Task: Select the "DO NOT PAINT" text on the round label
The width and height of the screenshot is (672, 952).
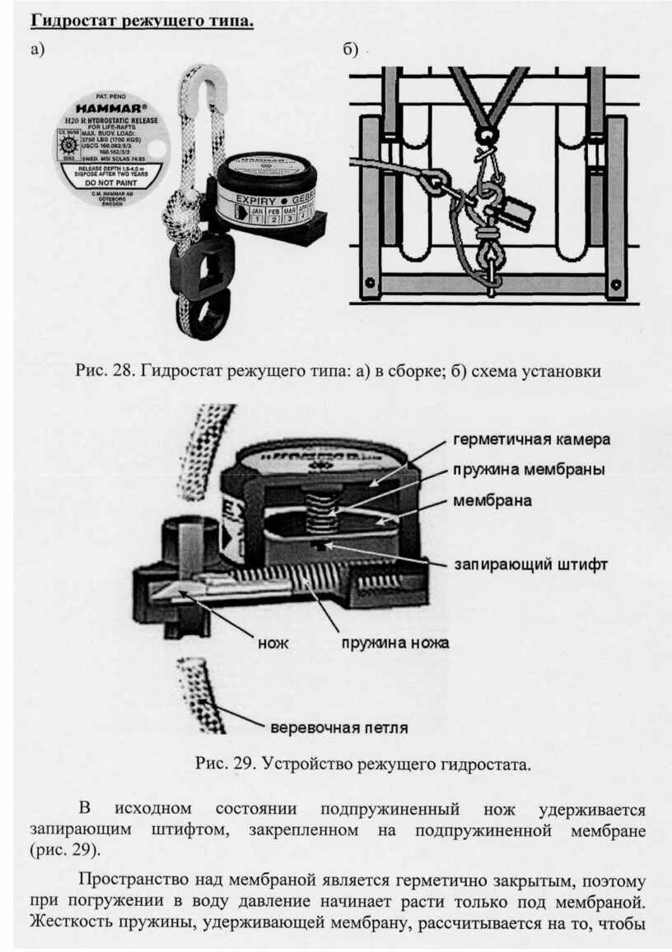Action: point(110,184)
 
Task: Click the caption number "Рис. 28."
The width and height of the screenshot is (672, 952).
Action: point(105,370)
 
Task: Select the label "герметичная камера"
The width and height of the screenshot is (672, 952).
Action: point(531,437)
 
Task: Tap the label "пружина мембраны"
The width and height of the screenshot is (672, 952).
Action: point(528,469)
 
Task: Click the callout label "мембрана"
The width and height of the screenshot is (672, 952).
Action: point(492,500)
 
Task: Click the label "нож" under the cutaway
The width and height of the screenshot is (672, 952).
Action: point(273,643)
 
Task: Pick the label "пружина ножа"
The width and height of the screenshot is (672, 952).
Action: point(395,643)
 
